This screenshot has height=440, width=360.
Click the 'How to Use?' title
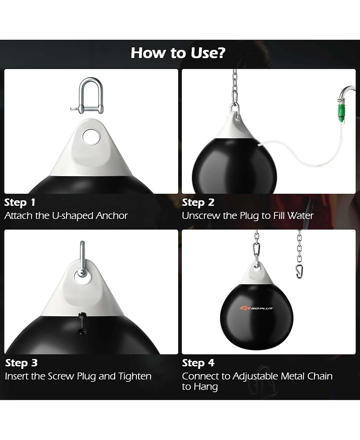pos(178,53)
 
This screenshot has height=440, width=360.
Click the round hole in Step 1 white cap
pos(92,137)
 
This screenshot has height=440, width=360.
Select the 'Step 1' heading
pos(20,202)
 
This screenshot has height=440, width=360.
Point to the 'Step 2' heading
pos(198,202)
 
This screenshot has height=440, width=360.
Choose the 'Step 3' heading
pos(21,363)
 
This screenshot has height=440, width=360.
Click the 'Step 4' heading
pos(198,363)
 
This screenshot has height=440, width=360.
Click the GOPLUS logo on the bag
pos(257,308)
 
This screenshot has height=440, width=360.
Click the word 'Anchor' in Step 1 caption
pos(112,216)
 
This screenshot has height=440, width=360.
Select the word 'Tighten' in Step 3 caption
pos(135,376)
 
